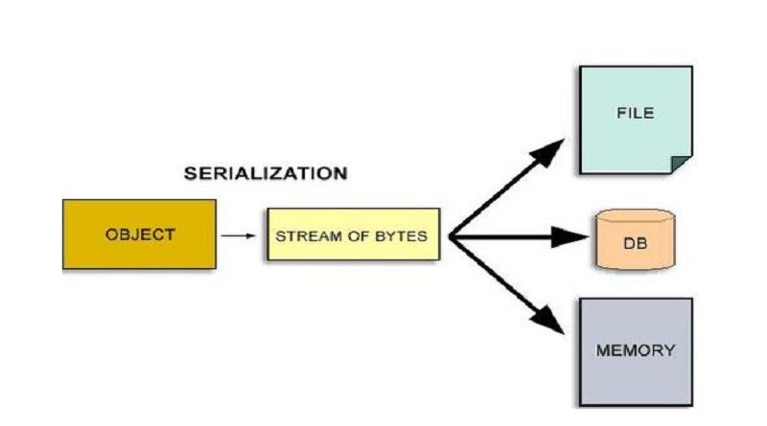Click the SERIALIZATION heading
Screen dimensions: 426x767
265,174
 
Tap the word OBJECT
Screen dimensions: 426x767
139,235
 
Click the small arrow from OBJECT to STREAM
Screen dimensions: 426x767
242,235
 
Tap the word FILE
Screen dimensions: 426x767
634,113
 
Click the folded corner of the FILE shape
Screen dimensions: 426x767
682,164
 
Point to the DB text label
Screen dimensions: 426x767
635,244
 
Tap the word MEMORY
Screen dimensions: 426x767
635,350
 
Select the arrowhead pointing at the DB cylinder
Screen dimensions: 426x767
566,235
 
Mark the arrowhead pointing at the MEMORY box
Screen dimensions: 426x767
553,321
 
